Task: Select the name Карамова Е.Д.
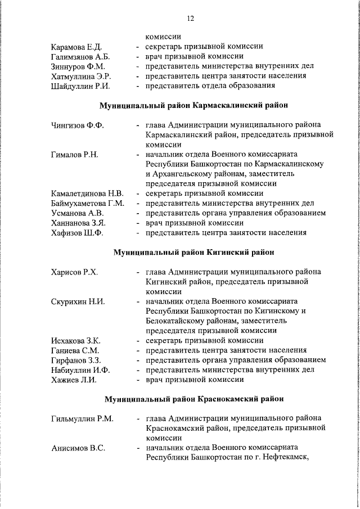(76, 47)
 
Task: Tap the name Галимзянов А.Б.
(80, 57)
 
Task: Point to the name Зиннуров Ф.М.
(78, 66)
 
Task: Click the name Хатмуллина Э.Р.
(80, 76)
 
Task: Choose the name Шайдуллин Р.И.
(79, 86)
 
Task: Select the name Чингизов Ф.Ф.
(77, 125)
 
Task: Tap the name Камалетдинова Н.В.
(87, 194)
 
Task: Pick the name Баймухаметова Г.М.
(87, 204)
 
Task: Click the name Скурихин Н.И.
(78, 301)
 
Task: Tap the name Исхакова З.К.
(75, 341)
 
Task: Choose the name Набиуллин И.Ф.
(80, 370)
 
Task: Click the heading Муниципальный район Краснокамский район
(193, 399)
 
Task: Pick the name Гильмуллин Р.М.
(82, 418)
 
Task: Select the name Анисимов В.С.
(78, 448)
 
